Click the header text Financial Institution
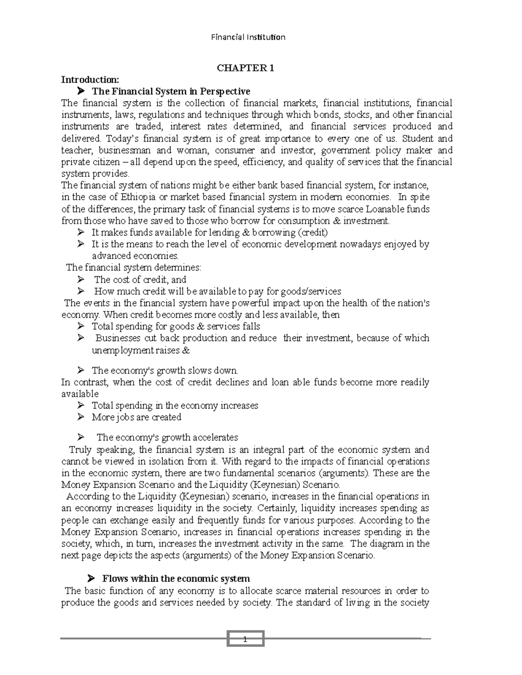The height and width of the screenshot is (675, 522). (248, 37)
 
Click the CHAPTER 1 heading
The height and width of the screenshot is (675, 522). (246, 68)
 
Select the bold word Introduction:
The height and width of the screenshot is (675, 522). (90, 80)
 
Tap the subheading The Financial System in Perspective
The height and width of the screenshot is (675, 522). (171, 91)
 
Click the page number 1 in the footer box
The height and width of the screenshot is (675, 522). (245, 639)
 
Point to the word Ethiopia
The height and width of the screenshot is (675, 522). (122, 197)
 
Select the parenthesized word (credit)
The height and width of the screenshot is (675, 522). (312, 233)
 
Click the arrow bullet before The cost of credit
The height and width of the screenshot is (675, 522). (80, 279)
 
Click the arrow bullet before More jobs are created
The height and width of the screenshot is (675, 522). (80, 417)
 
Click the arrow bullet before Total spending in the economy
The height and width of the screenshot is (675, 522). (80, 406)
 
